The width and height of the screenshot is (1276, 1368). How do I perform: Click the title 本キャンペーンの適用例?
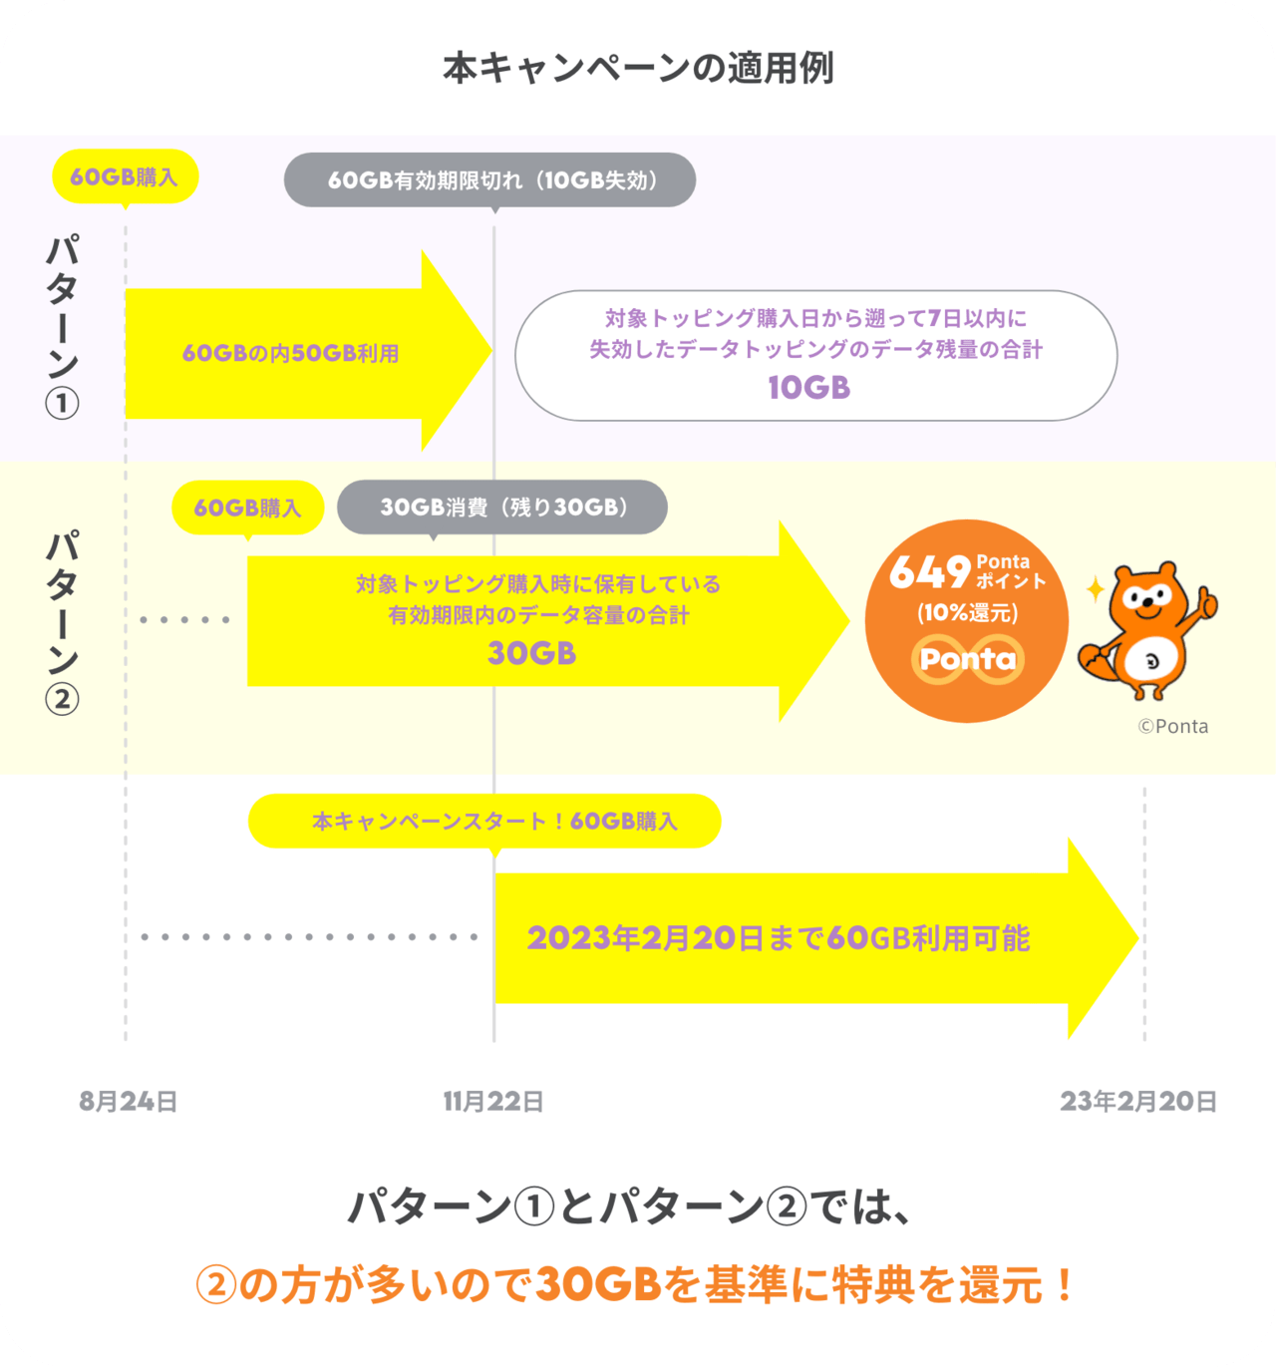pyautogui.click(x=638, y=68)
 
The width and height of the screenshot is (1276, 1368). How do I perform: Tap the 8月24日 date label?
pyautogui.click(x=129, y=1101)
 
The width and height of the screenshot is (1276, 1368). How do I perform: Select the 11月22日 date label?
pyautogui.click(x=493, y=1101)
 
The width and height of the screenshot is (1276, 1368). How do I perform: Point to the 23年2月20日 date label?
pyautogui.click(x=1138, y=1101)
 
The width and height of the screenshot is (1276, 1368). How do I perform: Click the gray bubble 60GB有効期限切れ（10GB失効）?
pyautogui.click(x=490, y=180)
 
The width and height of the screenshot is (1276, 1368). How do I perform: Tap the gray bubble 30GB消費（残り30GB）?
pyautogui.click(x=502, y=508)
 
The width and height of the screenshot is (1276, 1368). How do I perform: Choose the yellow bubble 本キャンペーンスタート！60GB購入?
pyautogui.click(x=484, y=822)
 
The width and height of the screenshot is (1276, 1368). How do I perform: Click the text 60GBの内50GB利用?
pyautogui.click(x=290, y=354)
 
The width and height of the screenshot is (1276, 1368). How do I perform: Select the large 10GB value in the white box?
pyautogui.click(x=808, y=388)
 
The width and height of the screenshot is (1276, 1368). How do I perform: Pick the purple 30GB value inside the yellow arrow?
pyautogui.click(x=531, y=653)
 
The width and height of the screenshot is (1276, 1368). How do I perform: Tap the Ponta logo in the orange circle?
pyautogui.click(x=967, y=659)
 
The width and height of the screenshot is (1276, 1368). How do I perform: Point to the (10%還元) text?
pyautogui.click(x=967, y=612)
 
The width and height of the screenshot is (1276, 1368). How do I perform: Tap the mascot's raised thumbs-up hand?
pyautogui.click(x=1205, y=600)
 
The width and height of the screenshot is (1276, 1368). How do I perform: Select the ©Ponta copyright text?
pyautogui.click(x=1173, y=726)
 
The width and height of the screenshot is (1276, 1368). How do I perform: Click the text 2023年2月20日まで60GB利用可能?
pyautogui.click(x=778, y=938)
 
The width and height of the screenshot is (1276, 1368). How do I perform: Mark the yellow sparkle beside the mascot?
pyautogui.click(x=1095, y=589)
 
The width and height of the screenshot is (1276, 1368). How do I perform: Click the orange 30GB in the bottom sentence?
pyautogui.click(x=599, y=1284)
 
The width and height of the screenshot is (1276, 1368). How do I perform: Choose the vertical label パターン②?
pyautogui.click(x=62, y=621)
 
